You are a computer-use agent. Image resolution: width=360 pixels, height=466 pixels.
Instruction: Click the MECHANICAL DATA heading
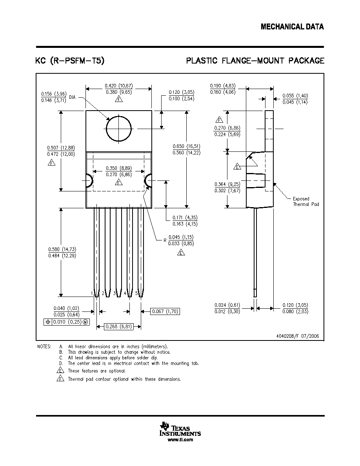click(x=292, y=27)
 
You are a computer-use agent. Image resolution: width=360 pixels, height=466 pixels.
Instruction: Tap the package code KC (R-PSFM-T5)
click(x=70, y=61)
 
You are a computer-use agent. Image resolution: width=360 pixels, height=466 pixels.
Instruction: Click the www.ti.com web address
click(x=180, y=440)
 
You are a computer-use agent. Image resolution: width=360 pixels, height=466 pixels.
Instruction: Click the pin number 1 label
click(x=92, y=293)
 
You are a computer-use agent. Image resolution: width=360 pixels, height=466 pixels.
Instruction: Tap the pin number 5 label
click(x=136, y=293)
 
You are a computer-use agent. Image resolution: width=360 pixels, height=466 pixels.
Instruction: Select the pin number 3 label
click(x=115, y=293)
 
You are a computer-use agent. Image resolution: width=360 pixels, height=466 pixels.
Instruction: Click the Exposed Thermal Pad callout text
click(x=305, y=202)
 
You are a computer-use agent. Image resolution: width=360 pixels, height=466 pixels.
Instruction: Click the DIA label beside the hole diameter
click(x=72, y=97)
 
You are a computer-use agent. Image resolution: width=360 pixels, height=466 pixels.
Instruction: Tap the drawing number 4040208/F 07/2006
click(x=298, y=336)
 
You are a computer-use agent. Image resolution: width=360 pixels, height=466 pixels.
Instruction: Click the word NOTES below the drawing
click(x=44, y=346)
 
